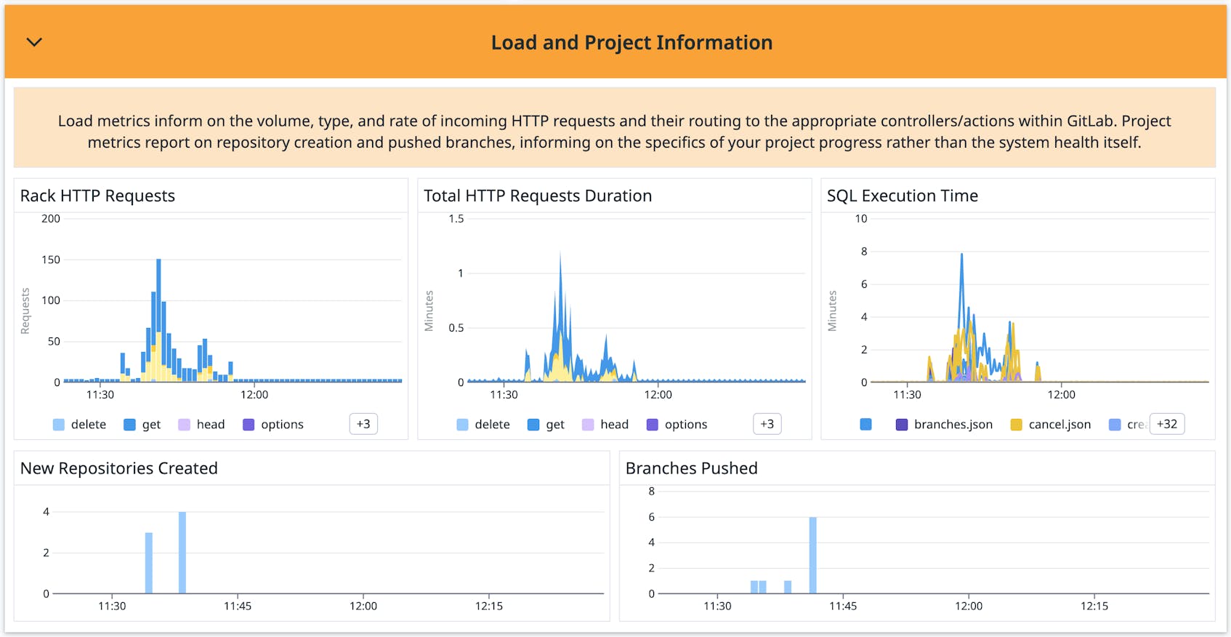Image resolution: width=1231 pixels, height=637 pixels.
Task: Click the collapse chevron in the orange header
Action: (x=34, y=42)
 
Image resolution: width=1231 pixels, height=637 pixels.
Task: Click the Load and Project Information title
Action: (x=631, y=43)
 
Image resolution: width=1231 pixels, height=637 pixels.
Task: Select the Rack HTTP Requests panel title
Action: (x=97, y=196)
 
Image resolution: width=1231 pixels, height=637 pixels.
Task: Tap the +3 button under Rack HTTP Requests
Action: (x=363, y=424)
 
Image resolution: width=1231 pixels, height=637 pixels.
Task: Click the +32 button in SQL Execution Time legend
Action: (x=1166, y=424)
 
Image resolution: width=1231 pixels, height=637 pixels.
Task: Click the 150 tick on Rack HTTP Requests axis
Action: (x=51, y=260)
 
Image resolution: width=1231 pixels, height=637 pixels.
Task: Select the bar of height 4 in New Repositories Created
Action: (x=182, y=553)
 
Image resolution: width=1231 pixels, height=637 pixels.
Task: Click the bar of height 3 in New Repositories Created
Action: (x=149, y=564)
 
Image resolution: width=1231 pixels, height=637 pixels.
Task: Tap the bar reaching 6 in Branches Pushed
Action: (x=812, y=556)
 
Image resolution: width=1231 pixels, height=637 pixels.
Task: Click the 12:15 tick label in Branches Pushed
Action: (x=1094, y=606)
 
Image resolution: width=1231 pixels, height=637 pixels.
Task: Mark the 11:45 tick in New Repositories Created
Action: (x=238, y=606)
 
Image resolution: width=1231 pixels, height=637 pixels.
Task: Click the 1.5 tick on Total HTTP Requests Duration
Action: (x=456, y=219)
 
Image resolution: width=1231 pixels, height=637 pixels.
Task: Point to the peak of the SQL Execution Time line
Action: (x=961, y=255)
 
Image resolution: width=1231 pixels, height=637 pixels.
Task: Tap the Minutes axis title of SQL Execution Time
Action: (x=833, y=311)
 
